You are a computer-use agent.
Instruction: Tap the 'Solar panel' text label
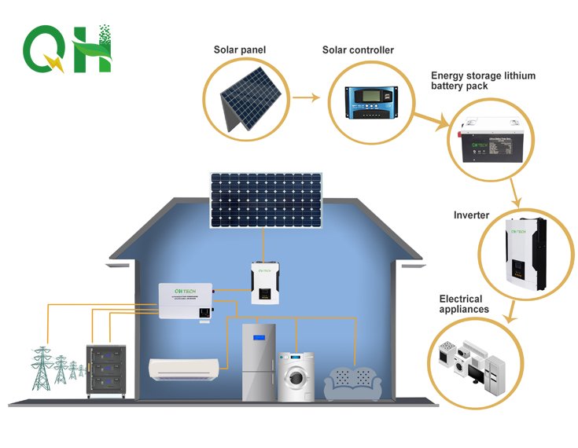coord(239,50)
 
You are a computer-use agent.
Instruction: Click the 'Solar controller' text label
coord(358,50)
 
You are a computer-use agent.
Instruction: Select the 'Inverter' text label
coord(471,215)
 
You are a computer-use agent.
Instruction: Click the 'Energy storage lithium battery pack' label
coord(483,81)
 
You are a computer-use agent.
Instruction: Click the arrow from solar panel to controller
coord(307,98)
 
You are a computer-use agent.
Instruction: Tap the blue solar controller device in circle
coord(374,103)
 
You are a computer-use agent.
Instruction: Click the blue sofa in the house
coord(355,384)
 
